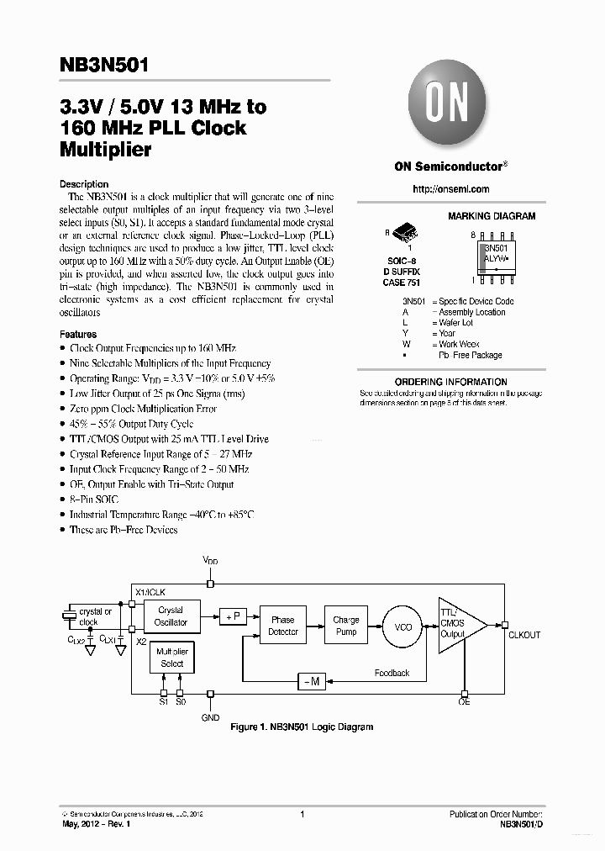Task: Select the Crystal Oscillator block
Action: (171, 616)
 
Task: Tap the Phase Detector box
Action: (282, 626)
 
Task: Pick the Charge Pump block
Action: (346, 626)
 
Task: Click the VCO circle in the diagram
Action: (404, 627)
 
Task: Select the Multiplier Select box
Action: (171, 658)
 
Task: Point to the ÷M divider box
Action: (311, 681)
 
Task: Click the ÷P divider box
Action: (232, 616)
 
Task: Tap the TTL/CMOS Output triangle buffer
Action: (458, 623)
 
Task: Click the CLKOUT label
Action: (524, 636)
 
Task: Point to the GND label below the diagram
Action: (210, 717)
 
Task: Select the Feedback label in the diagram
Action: (392, 673)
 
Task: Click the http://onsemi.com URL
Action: (451, 189)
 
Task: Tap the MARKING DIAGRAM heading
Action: (491, 216)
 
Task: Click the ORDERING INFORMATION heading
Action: (450, 382)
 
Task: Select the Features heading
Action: (78, 334)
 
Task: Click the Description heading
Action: (84, 184)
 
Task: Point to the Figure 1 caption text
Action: (302, 727)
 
